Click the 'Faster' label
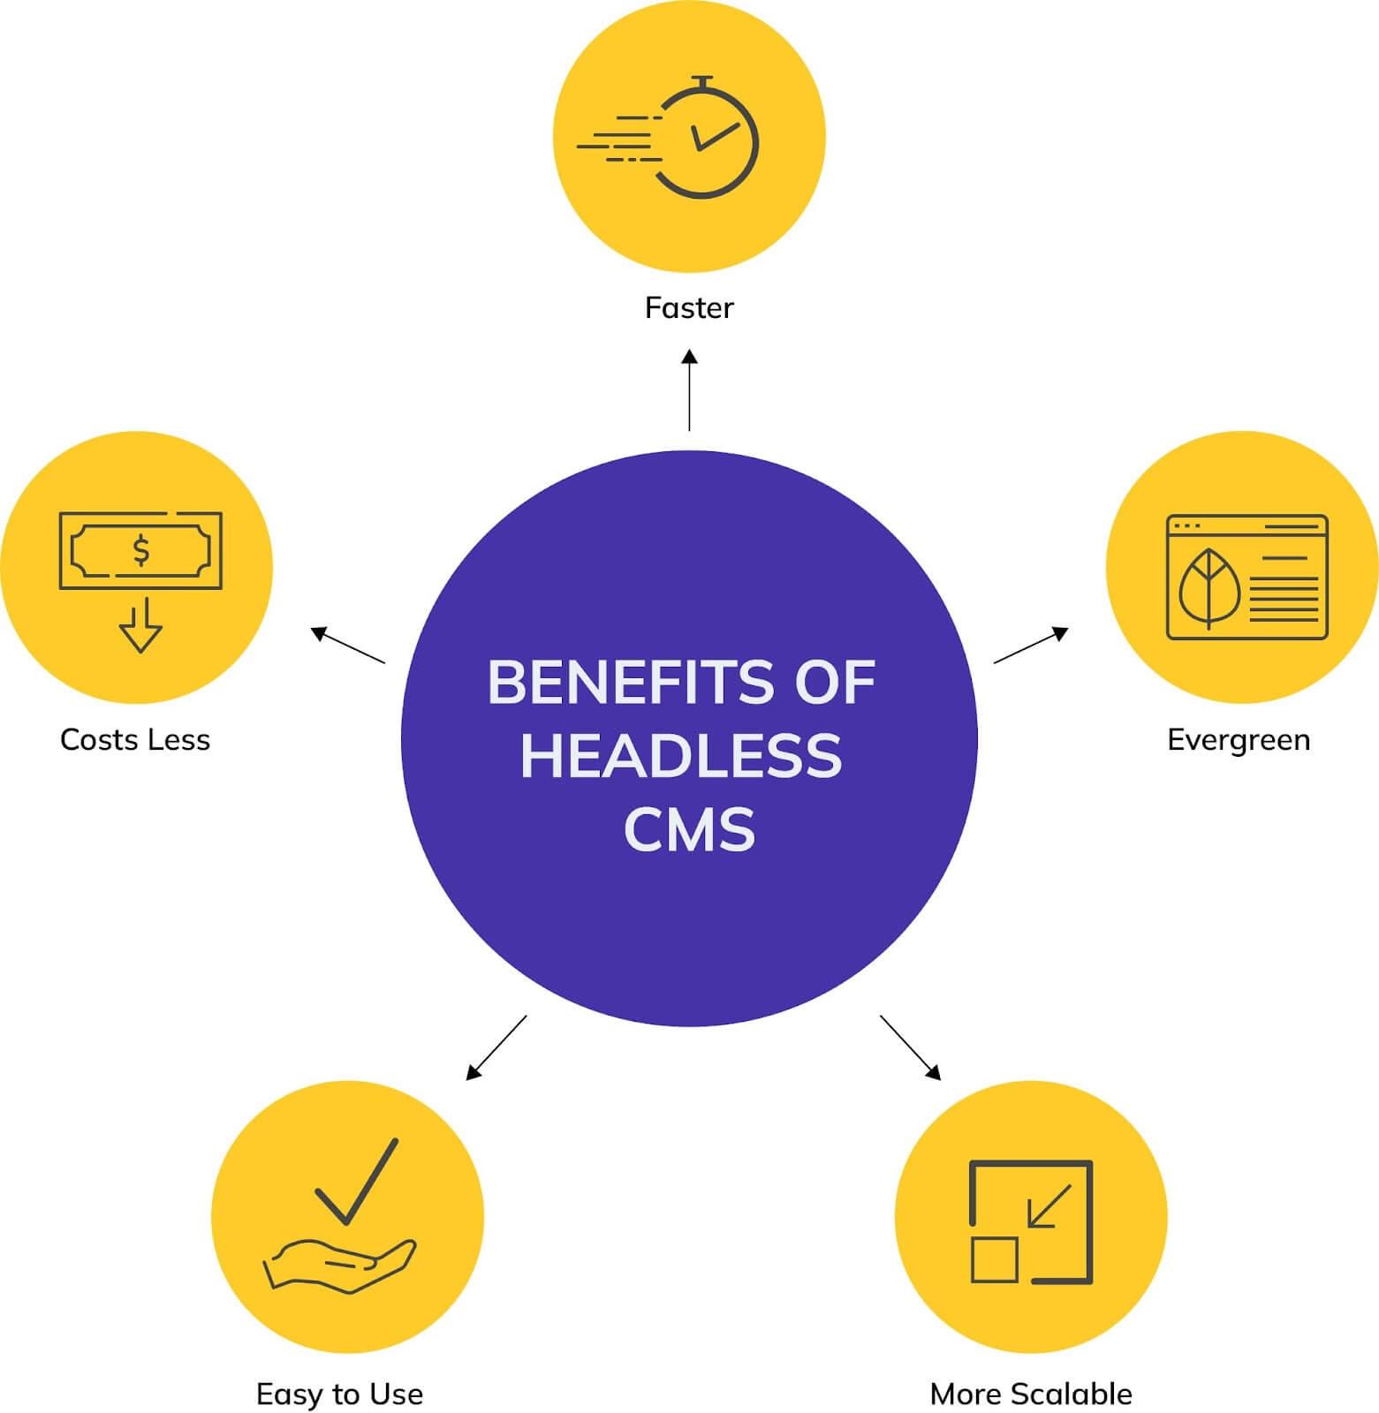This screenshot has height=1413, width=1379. tap(689, 308)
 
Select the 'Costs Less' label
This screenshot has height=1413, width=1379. tap(135, 739)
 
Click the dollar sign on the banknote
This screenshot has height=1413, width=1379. tap(140, 550)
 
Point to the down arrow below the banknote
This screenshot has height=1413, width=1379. tap(140, 626)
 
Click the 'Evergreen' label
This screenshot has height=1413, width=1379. tap(1239, 739)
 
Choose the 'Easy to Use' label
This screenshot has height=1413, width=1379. tap(339, 1394)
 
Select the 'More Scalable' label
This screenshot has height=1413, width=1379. tap(1031, 1394)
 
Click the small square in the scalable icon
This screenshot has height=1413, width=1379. tap(995, 1259)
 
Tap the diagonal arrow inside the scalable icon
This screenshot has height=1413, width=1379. tap(1050, 1206)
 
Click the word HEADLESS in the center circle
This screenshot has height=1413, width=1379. tap(681, 756)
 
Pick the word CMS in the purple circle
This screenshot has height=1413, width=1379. tap(689, 829)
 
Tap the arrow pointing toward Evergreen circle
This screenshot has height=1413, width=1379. tap(1031, 646)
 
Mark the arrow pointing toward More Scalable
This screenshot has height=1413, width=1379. tap(910, 1047)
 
